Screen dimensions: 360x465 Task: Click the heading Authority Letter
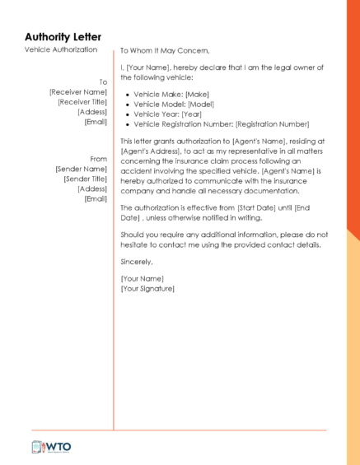tap(63, 37)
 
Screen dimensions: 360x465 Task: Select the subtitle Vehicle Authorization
tap(61, 50)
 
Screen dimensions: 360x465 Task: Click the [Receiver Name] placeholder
tap(78, 92)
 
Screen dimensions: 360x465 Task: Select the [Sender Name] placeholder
tap(81, 169)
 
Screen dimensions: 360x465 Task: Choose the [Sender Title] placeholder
tap(85, 179)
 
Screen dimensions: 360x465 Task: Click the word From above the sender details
tap(99, 159)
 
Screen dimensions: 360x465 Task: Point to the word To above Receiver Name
tap(103, 82)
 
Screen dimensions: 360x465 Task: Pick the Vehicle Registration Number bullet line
tap(221, 124)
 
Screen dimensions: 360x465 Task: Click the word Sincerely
tap(137, 262)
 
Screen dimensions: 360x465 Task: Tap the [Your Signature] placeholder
tap(147, 289)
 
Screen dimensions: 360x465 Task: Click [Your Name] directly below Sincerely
tap(142, 279)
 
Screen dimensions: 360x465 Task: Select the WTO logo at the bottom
tap(51, 447)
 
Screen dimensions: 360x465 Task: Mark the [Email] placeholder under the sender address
tap(96, 198)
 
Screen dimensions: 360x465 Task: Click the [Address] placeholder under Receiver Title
tap(92, 112)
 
